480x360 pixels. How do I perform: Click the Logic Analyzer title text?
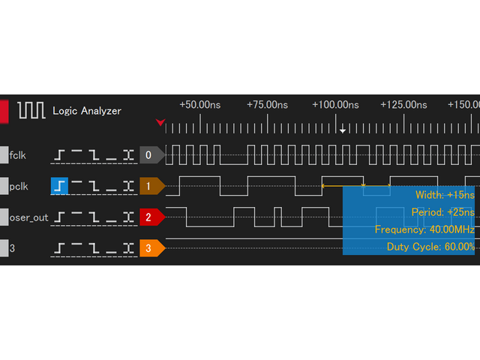(x=87, y=111)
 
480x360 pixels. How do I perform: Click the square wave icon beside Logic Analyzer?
(x=31, y=111)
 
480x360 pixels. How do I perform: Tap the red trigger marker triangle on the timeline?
(x=160, y=122)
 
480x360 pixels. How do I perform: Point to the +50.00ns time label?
(x=200, y=105)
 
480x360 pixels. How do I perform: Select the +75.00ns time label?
(x=266, y=105)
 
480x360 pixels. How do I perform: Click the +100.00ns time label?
(x=335, y=105)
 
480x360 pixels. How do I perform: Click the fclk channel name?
(x=19, y=155)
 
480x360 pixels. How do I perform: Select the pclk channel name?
(x=19, y=184)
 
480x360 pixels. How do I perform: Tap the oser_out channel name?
(x=28, y=217)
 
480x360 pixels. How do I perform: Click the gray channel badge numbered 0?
(x=150, y=155)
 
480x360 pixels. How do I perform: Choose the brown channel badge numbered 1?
(x=150, y=184)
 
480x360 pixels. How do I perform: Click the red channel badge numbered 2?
(x=150, y=217)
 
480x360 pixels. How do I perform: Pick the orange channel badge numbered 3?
(x=150, y=247)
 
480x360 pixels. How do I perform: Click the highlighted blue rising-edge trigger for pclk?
(x=59, y=184)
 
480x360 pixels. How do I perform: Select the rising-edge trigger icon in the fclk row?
(x=59, y=155)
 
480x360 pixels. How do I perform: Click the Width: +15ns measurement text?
(x=445, y=195)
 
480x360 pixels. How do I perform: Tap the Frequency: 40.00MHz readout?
(x=424, y=229)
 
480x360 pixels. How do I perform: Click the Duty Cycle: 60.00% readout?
(x=430, y=247)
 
